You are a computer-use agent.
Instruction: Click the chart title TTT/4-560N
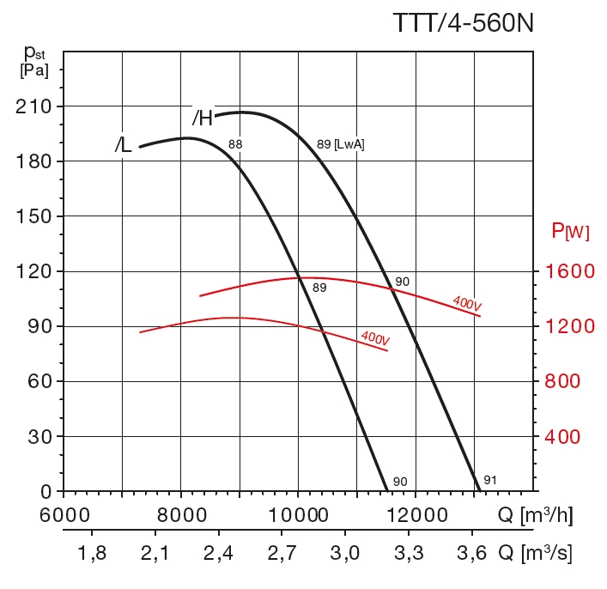tap(463, 21)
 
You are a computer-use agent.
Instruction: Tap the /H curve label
tap(202, 118)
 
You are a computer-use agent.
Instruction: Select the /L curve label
tap(124, 145)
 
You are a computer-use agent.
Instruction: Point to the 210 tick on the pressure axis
tap(33, 106)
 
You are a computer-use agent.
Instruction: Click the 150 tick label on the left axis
tap(33, 216)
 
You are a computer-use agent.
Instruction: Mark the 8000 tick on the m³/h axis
tap(182, 517)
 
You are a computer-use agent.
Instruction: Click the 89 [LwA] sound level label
tap(340, 144)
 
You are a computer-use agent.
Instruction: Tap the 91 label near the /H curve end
tap(490, 480)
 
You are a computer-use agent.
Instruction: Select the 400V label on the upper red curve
tap(467, 302)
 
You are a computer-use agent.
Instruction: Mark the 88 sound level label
tap(235, 144)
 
